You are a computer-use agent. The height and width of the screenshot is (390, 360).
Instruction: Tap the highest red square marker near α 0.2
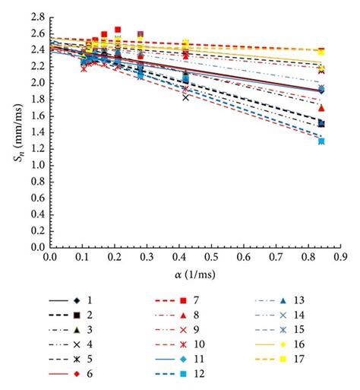[x=118, y=30]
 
